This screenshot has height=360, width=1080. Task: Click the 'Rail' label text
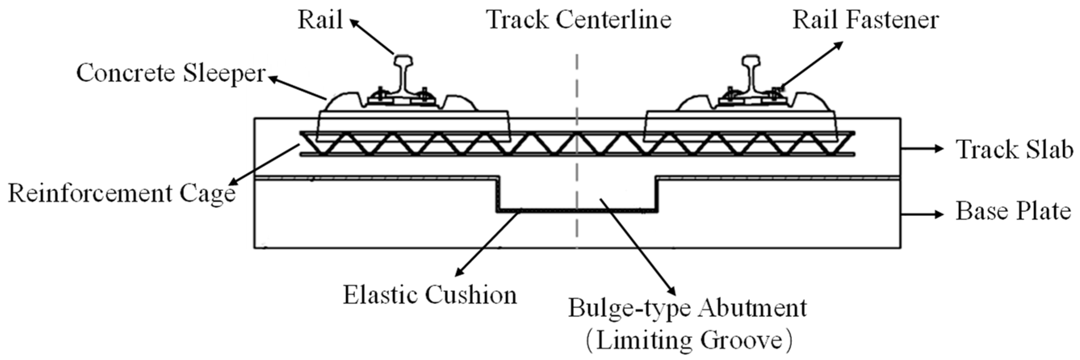320,20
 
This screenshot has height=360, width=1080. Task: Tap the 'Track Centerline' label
579,20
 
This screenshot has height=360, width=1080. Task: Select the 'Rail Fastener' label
865,20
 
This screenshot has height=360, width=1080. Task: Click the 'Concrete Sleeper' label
171,74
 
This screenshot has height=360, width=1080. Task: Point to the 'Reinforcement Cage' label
121,194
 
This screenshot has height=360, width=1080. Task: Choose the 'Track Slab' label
1014,150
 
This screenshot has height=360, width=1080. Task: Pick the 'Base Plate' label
1013,211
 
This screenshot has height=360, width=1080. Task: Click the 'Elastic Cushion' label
430,295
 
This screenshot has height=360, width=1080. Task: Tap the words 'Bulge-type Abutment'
687,308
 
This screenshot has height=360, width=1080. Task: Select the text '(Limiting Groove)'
688,341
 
